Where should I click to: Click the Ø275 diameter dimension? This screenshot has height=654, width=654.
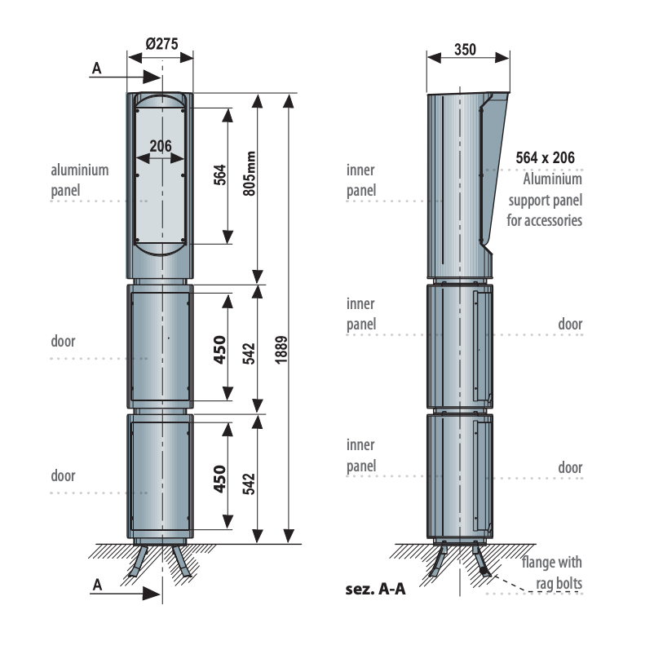click(161, 44)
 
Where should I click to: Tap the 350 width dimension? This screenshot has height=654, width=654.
click(465, 50)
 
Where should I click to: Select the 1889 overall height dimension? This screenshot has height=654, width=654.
click(281, 350)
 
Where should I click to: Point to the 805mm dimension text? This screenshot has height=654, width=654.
click(250, 174)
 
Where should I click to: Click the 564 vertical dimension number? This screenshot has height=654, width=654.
click(220, 175)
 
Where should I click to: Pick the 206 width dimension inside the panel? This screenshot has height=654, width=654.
click(161, 146)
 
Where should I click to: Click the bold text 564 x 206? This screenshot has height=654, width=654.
click(546, 157)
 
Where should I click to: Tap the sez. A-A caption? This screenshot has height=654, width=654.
click(375, 589)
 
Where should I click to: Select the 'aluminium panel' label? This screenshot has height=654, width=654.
click(80, 180)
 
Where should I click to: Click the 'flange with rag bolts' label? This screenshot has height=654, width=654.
click(552, 572)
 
